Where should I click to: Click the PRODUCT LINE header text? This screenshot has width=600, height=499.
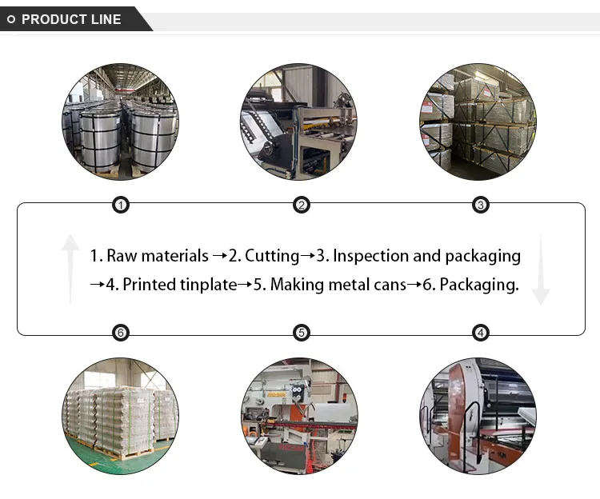click(71, 19)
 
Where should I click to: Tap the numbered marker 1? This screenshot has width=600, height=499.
click(120, 206)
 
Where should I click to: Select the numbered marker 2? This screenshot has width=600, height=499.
click(301, 206)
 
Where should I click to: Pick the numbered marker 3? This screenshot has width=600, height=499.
click(480, 206)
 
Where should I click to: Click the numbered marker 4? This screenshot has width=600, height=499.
click(480, 333)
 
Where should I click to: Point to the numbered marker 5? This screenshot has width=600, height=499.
click(301, 333)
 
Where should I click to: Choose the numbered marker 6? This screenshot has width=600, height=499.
click(120, 333)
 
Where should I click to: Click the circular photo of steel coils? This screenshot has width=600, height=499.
click(121, 122)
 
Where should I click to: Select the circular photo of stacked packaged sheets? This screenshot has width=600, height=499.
click(478, 122)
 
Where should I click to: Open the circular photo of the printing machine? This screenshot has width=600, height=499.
click(478, 416)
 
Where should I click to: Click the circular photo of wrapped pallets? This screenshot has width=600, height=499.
click(121, 416)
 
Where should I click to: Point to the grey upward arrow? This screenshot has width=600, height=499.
click(70, 269)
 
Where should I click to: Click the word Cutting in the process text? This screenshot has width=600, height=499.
click(272, 256)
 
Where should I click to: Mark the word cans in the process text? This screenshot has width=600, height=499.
click(389, 285)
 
